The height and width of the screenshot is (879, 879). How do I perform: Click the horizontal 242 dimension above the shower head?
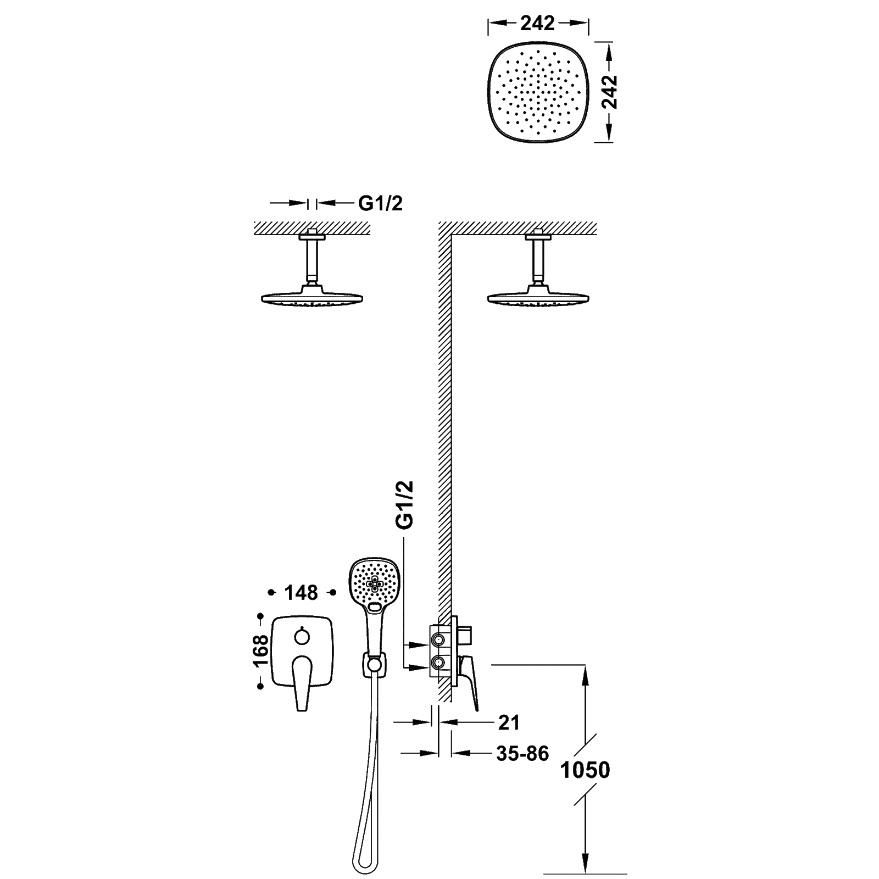click(538, 23)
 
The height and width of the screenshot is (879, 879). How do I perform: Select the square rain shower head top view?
click(538, 92)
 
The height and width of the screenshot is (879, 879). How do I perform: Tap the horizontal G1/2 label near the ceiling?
click(381, 204)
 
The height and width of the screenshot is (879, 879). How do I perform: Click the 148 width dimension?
click(302, 592)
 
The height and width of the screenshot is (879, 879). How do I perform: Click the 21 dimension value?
click(508, 723)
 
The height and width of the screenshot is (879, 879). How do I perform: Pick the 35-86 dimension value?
click(522, 753)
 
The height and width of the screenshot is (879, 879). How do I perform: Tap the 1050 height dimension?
click(585, 770)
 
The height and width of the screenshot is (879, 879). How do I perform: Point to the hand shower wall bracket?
click(374, 666)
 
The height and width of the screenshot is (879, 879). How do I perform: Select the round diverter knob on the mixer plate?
click(302, 637)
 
